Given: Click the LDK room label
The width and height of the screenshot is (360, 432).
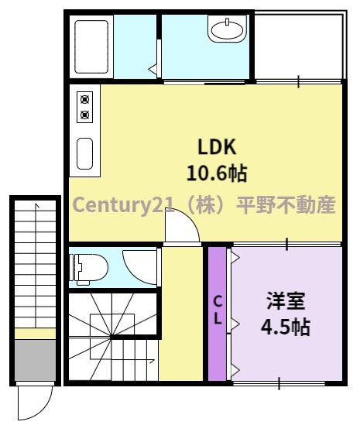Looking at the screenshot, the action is pyautogui.click(x=217, y=147).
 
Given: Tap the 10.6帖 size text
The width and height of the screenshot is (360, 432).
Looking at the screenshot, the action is pyautogui.click(x=217, y=173).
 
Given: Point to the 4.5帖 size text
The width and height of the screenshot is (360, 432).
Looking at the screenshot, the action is pyautogui.click(x=286, y=327).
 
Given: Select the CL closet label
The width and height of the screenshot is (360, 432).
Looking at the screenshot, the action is pyautogui.click(x=218, y=310).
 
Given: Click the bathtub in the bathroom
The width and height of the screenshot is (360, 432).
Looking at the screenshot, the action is pyautogui.click(x=91, y=46).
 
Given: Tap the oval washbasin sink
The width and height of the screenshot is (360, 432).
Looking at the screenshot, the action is pyautogui.click(x=228, y=29).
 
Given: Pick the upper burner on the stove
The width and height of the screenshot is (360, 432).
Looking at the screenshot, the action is pyautogui.click(x=84, y=99).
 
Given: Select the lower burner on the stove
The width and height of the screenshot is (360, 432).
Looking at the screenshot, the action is pyautogui.click(x=84, y=114).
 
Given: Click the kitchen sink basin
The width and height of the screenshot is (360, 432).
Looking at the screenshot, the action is pyautogui.click(x=84, y=153).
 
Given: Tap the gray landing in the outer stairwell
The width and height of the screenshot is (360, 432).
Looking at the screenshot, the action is pyautogui.click(x=36, y=361).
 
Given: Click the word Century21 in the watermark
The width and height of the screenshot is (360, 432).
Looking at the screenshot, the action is pyautogui.click(x=123, y=205).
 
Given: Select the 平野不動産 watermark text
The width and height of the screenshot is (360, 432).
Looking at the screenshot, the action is pyautogui.click(x=286, y=204).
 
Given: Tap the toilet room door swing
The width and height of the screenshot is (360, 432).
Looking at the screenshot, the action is pyautogui.click(x=139, y=267).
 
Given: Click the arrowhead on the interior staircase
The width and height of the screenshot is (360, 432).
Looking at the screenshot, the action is pyautogui.click(x=152, y=360).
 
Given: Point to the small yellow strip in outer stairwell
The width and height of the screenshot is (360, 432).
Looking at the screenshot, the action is pyautogui.click(x=36, y=334).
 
